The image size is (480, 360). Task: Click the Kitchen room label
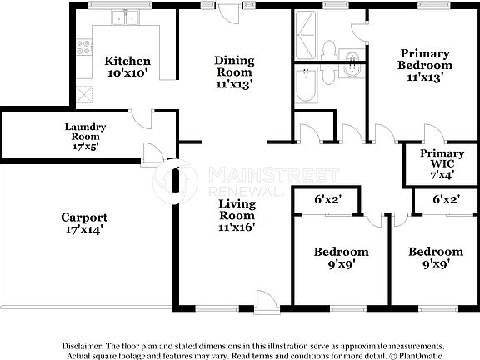127,61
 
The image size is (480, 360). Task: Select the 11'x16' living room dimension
237,226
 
